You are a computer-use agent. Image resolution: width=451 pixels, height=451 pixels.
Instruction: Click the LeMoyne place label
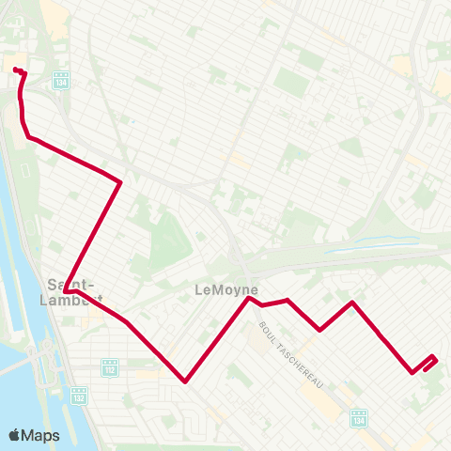click(225, 290)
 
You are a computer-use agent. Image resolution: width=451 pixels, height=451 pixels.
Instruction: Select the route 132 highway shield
click(79, 395)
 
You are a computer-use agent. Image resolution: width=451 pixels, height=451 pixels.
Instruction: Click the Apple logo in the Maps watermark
click(14, 436)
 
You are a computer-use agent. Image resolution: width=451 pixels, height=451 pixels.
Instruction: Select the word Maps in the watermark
click(41, 436)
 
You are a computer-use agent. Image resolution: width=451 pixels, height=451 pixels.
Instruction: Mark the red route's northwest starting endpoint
click(16, 70)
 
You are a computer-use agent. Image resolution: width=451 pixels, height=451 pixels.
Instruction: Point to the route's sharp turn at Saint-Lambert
click(66, 292)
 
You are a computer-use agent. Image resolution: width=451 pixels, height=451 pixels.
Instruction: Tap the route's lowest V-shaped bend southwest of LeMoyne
click(186, 381)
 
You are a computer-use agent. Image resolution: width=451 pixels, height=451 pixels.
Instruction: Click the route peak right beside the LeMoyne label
click(249, 299)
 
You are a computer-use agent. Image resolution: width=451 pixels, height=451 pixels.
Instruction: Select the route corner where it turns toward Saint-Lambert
click(120, 182)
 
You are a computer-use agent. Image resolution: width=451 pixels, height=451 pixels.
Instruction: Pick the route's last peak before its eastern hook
click(352, 303)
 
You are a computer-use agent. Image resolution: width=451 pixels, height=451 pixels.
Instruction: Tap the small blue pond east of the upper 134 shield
click(132, 122)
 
